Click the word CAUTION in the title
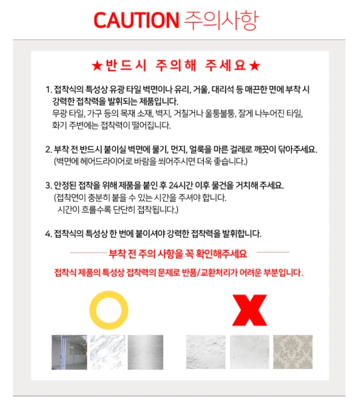coord(136,20)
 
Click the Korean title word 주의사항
coord(221,20)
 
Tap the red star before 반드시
coord(97,66)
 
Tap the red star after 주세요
coord(255,66)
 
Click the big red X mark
coord(249,310)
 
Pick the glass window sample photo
coord(70,352)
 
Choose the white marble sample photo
coord(108,352)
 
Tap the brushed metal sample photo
coord(145,352)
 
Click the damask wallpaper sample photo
coord(293,352)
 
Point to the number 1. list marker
coord(49,90)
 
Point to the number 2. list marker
coord(49,149)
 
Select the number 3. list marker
coord(49,185)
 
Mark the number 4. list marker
coord(49,234)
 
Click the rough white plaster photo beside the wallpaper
coord(249,352)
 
